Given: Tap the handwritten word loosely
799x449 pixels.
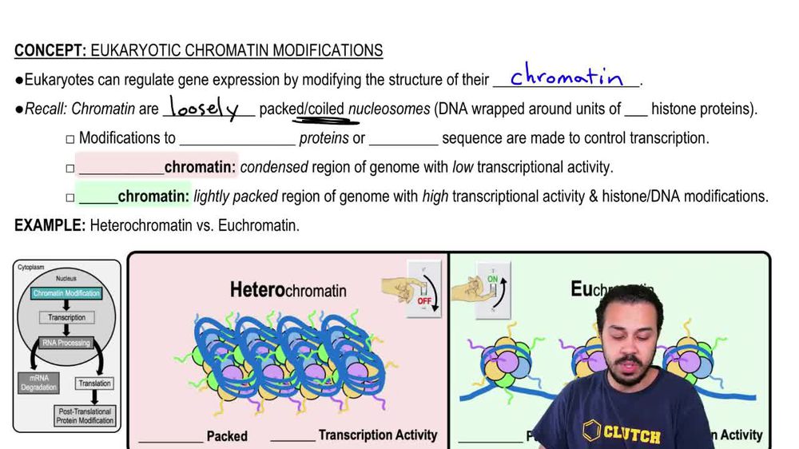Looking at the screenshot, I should coord(207,109).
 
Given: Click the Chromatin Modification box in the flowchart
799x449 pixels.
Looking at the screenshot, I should coord(67,293).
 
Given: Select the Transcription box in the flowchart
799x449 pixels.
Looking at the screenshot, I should coord(67,317).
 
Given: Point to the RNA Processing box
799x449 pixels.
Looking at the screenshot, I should coord(66,343).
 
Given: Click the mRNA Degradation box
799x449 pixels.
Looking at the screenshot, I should coord(38,383).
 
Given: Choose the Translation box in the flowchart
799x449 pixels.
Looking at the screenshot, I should coord(94,383).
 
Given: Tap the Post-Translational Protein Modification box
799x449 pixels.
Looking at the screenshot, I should coord(85,415).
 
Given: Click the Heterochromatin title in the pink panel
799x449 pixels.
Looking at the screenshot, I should coord(288,289).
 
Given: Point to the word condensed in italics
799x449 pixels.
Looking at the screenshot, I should coord(274,167).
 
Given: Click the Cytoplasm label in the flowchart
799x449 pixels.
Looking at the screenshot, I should coord(32,267).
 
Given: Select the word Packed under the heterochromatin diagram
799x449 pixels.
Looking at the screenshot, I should coord(227,436).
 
